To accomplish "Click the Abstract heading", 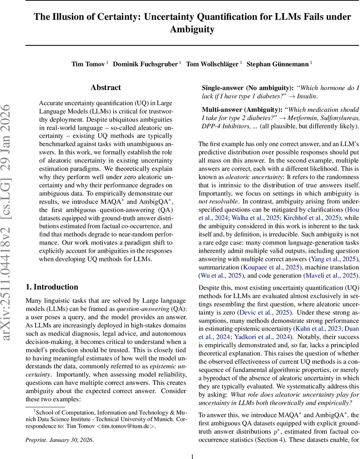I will coord(106,88).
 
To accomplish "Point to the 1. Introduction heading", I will coord(52,287).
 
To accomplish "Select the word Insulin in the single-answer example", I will coord(307,96).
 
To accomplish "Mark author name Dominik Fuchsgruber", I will coord(145,64).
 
